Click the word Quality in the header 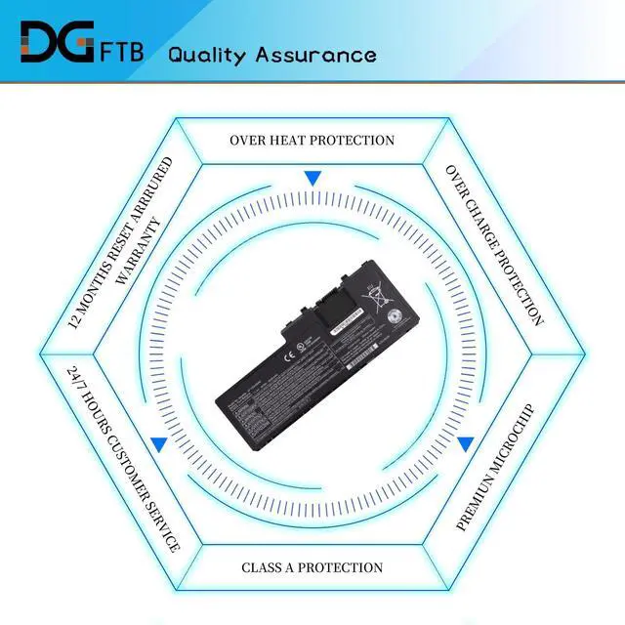pyautogui.click(x=206, y=55)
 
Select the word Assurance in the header pyautogui.click(x=315, y=54)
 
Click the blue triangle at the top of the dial pyautogui.click(x=312, y=179)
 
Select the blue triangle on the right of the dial pyautogui.click(x=466, y=442)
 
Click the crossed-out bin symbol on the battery pyautogui.click(x=373, y=292)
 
